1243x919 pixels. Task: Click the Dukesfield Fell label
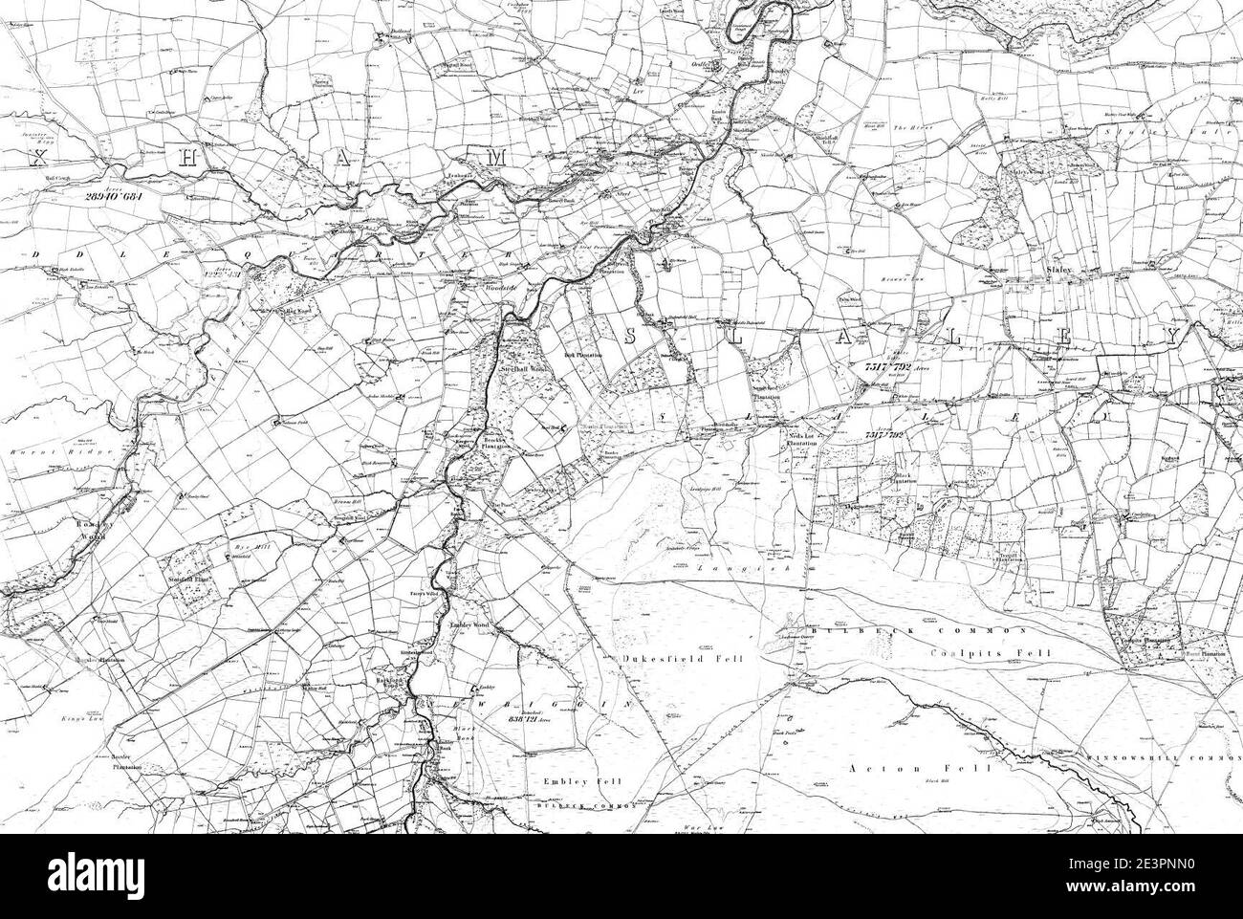668,658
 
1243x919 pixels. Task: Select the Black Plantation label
905,478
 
